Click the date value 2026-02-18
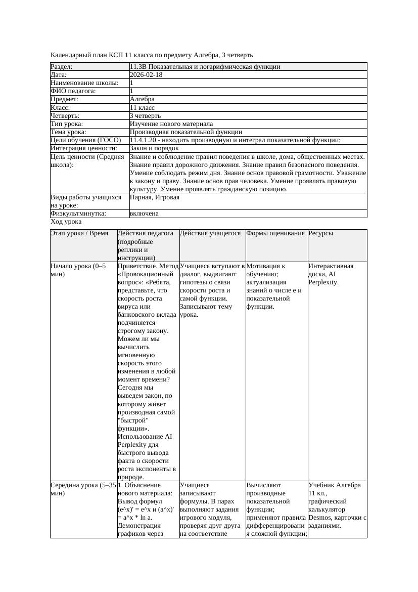pyautogui.click(x=147, y=75)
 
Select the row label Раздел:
pyautogui.click(x=62, y=67)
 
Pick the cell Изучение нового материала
pyautogui.click(x=171, y=124)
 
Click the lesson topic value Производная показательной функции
pyautogui.click(x=186, y=132)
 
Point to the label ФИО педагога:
pyautogui.click(x=73, y=91)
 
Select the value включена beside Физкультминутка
pyautogui.click(x=144, y=214)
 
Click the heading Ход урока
pyautogui.click(x=66, y=222)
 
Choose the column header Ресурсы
pyautogui.click(x=320, y=233)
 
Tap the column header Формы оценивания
pyautogui.click(x=276, y=233)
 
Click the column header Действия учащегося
pyautogui.click(x=210, y=233)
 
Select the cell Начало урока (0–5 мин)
pyautogui.click(x=78, y=270)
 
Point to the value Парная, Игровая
pyautogui.click(x=155, y=197)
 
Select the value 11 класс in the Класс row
pyautogui.click(x=142, y=108)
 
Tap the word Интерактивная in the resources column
pyautogui.click(x=331, y=266)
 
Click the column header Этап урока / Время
pyautogui.click(x=79, y=233)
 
